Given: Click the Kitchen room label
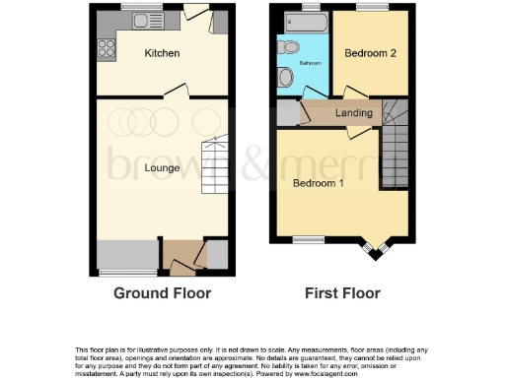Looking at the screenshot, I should (x=162, y=53).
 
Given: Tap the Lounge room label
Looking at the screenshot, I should (x=162, y=168).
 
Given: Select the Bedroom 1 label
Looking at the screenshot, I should (x=319, y=183).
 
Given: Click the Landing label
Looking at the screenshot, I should (x=355, y=113).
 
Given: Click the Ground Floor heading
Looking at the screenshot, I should (x=163, y=293).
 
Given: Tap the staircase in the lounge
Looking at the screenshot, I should (x=215, y=167).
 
